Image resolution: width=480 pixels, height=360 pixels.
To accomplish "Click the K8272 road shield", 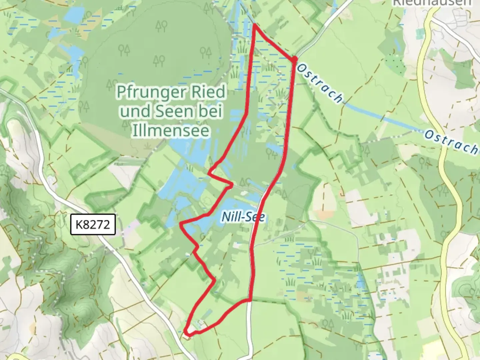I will tap(93, 224).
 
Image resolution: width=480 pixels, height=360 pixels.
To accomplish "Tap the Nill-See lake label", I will tap(243, 217).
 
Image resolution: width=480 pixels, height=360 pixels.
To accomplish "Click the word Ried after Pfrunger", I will tap(209, 92).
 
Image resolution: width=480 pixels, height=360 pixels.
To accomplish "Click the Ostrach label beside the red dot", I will tap(319, 83).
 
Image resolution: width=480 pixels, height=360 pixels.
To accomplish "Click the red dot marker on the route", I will tap(295, 59).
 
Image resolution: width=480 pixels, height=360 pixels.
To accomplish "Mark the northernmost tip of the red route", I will tap(255, 25).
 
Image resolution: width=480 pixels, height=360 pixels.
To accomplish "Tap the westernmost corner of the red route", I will tap(181, 224).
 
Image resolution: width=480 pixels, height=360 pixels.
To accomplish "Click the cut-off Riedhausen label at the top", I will tap(433, 3).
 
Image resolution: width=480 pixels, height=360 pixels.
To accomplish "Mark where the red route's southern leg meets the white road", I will tap(249, 300).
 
